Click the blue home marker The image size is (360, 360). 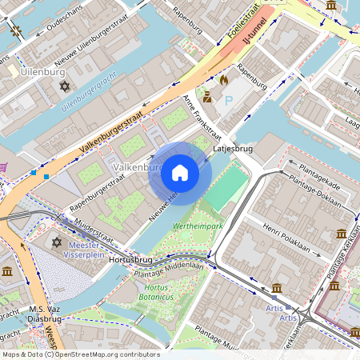(180, 172)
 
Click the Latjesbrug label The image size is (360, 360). (234, 149)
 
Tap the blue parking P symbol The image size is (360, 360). (229, 101)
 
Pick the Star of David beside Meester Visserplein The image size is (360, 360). (57, 242)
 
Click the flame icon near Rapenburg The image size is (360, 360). (224, 80)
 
